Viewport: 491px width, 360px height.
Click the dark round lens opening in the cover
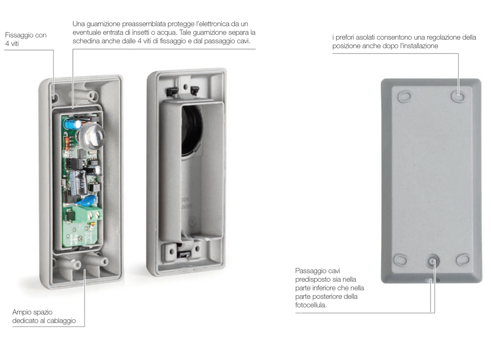[x=191, y=130]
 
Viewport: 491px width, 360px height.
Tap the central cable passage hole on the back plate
[x=432, y=261]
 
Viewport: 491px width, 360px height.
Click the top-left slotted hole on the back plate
[x=404, y=96]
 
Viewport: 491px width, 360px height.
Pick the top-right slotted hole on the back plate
[x=458, y=96]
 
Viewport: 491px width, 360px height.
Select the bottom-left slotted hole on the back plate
[x=400, y=260]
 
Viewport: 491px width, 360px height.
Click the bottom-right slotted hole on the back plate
[x=462, y=260]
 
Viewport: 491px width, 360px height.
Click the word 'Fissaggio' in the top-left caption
[x=16, y=35]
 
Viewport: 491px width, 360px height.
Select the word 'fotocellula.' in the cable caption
[x=311, y=305]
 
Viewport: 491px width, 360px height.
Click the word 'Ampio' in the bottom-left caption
[x=22, y=312]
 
